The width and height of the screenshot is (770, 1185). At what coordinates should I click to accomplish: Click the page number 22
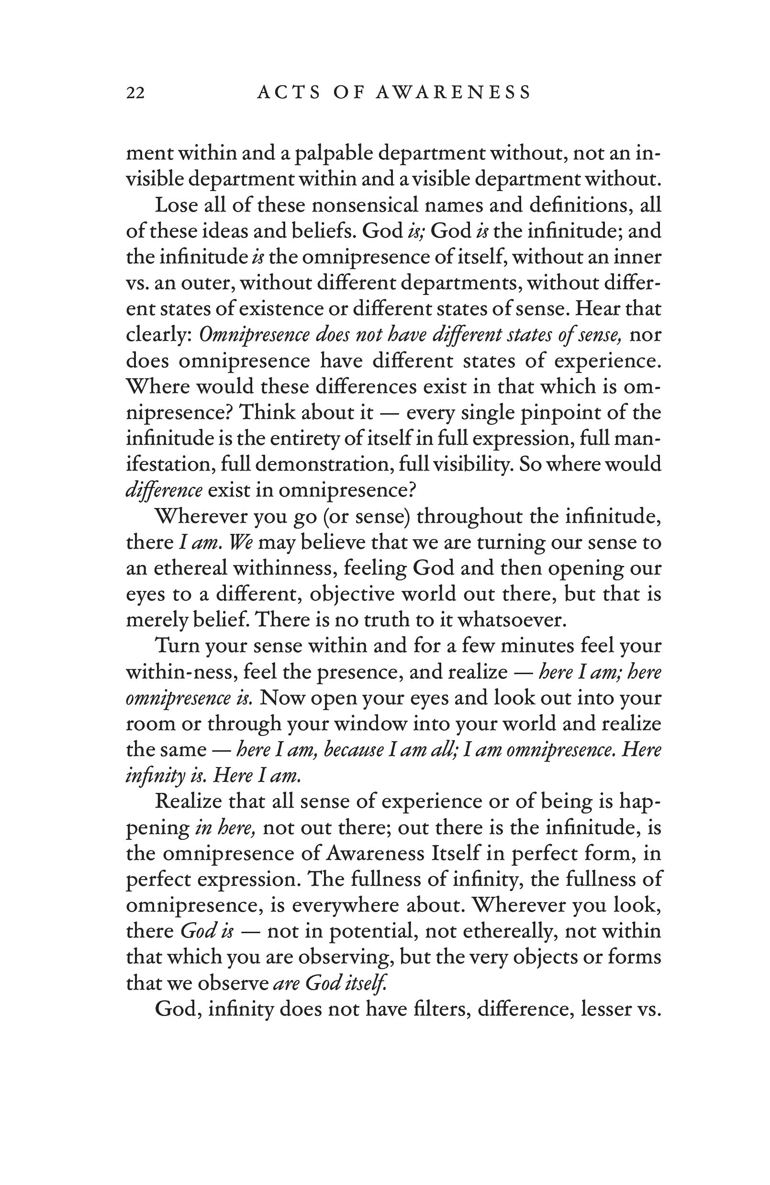[135, 93]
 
